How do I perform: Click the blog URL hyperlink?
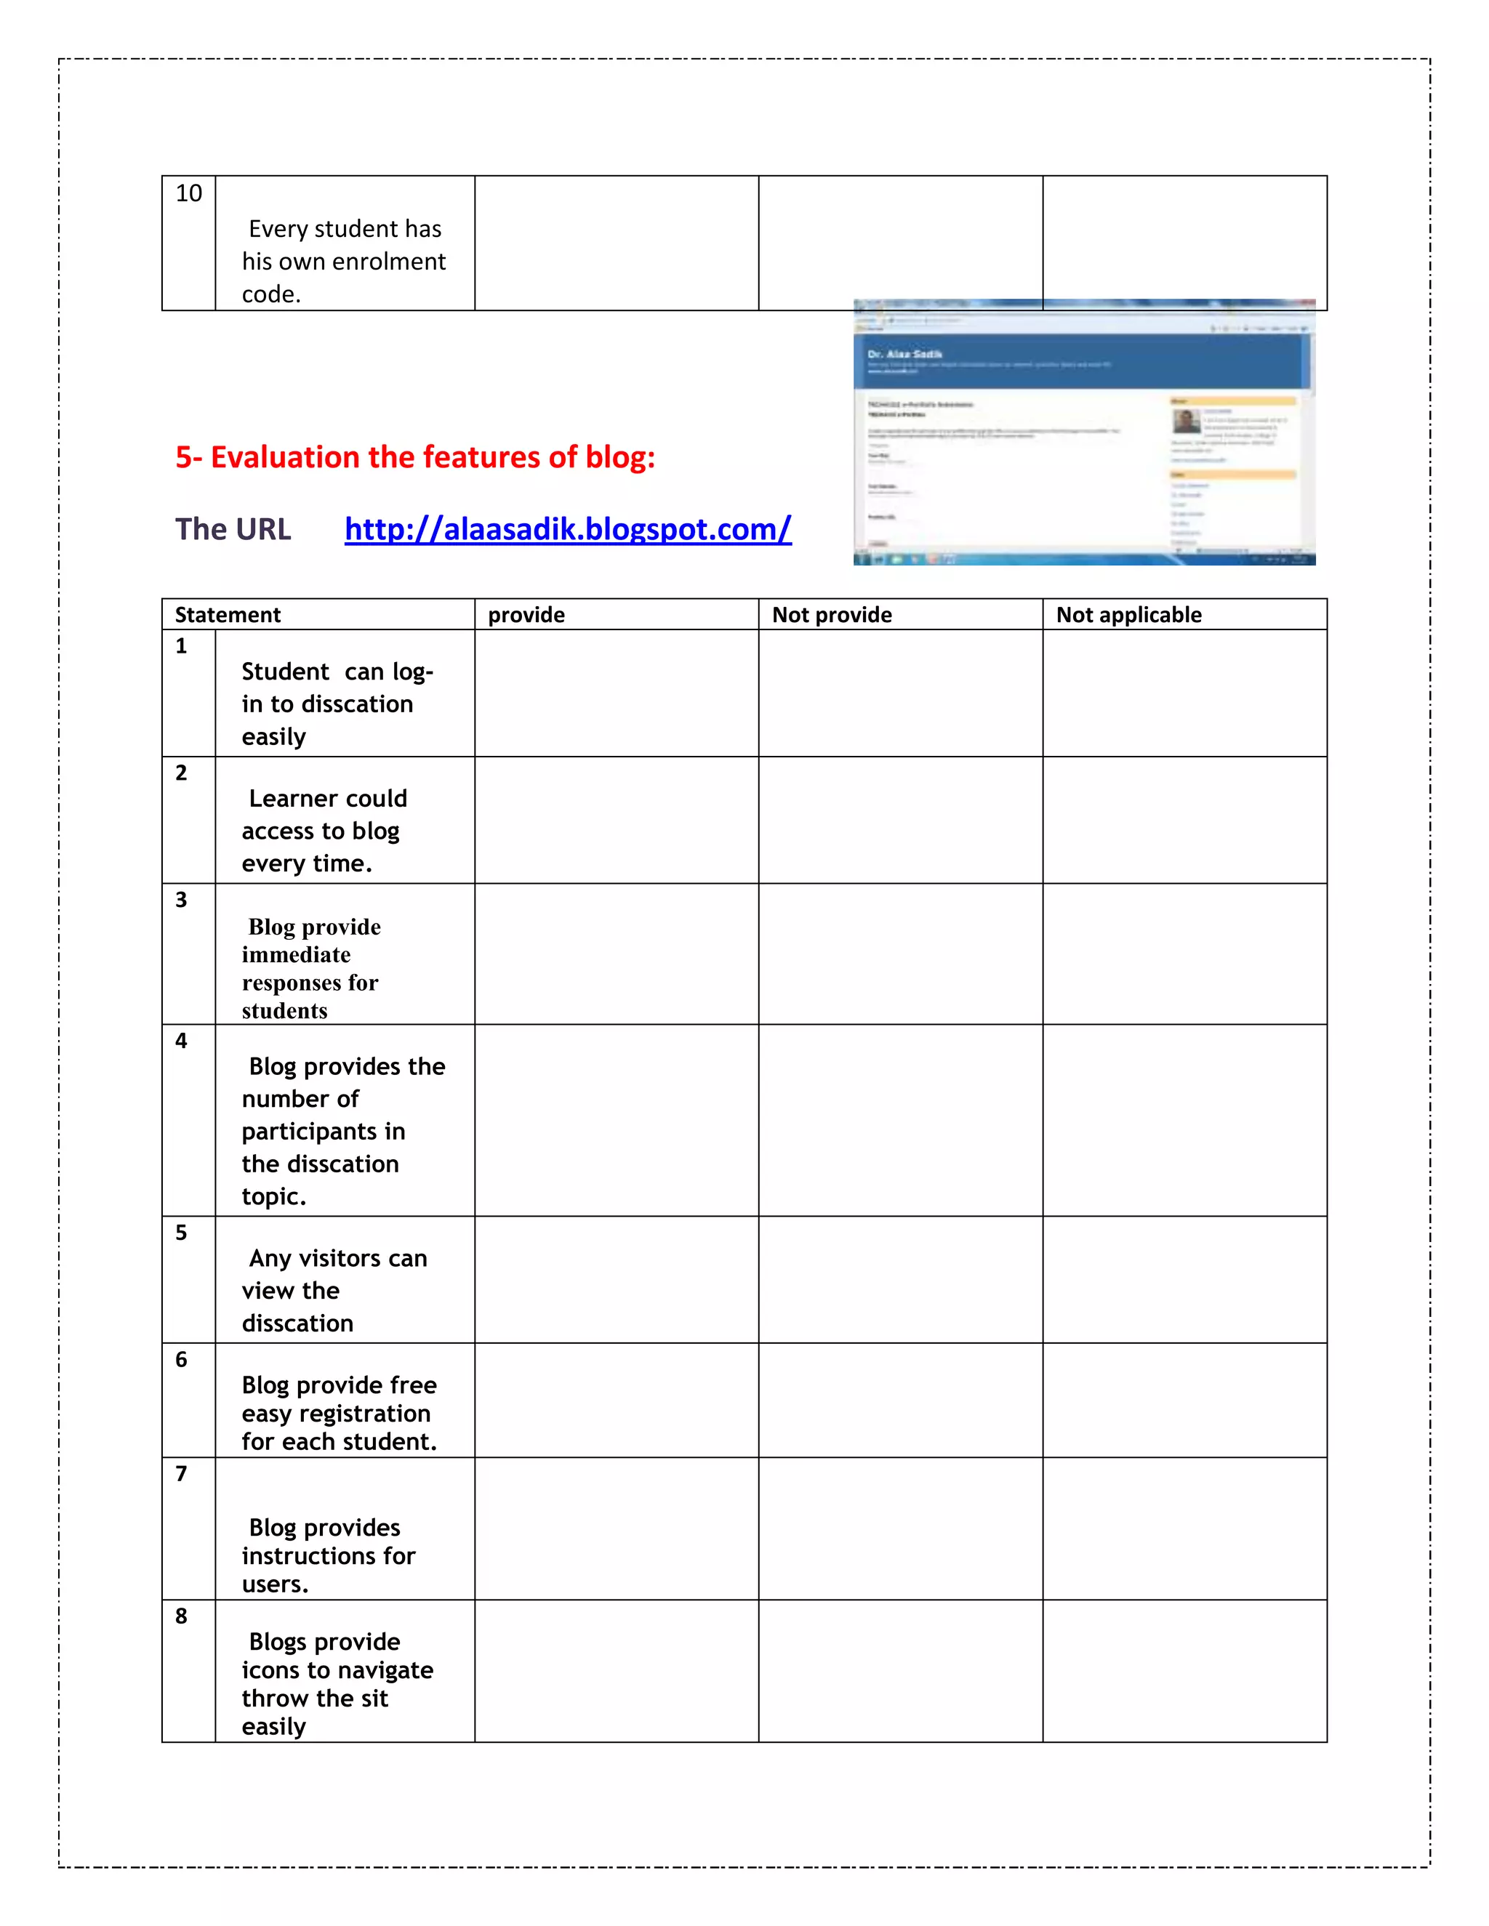click(567, 529)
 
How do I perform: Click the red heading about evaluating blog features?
click(414, 457)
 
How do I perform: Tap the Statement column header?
click(228, 615)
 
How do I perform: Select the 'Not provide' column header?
click(832, 615)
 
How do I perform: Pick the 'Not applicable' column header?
click(1128, 615)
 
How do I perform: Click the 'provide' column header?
click(526, 615)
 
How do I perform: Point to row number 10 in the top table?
click(189, 193)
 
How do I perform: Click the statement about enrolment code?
click(343, 261)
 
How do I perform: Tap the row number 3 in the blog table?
click(181, 900)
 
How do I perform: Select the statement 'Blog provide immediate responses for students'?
click(311, 968)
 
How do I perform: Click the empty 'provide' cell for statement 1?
click(616, 693)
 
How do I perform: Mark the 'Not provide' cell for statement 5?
click(900, 1280)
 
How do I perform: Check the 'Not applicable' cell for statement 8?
click(1184, 1671)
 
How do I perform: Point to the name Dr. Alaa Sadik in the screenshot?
click(904, 355)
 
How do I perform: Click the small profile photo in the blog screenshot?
click(1186, 422)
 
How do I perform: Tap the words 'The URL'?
click(233, 529)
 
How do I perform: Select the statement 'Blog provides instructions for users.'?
click(327, 1555)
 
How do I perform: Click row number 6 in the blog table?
click(181, 1359)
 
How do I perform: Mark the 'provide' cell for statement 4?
click(616, 1120)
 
